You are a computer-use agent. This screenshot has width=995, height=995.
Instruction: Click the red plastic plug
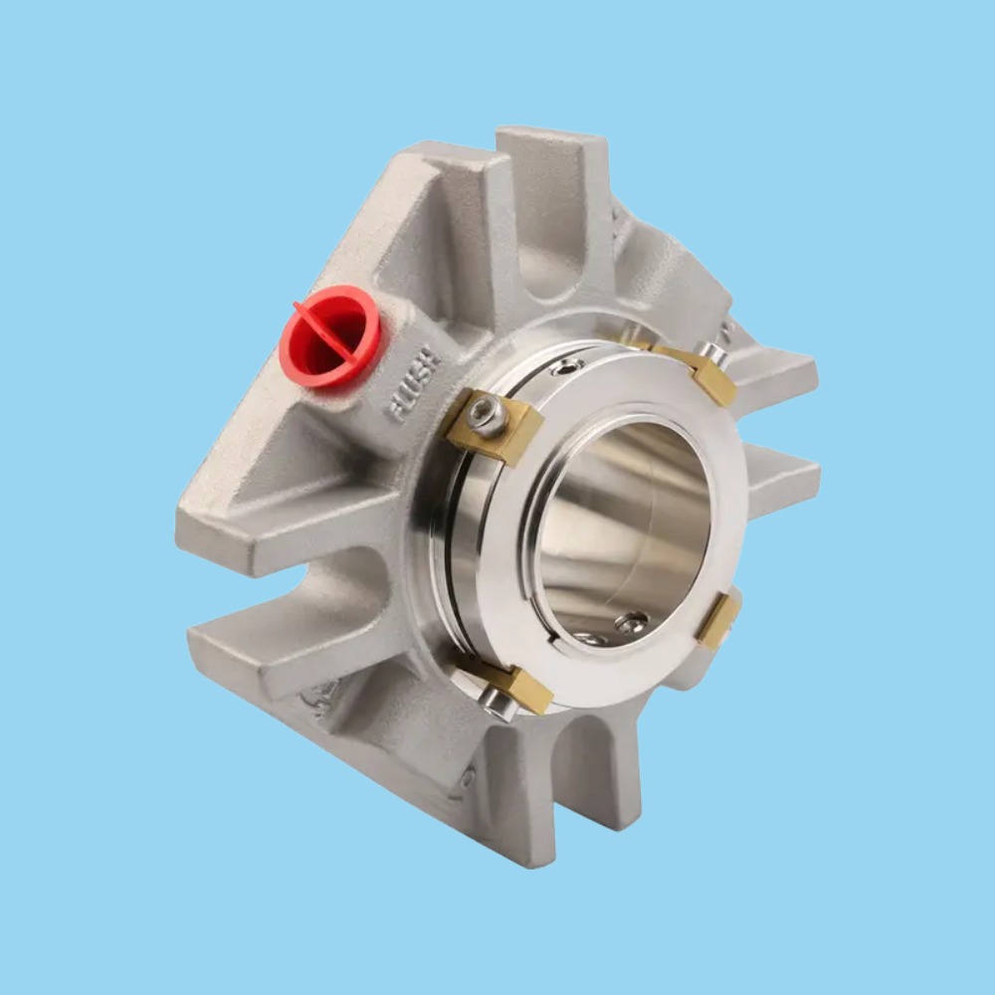pyautogui.click(x=329, y=336)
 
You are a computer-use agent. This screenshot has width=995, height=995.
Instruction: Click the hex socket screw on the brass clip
pyautogui.click(x=485, y=412)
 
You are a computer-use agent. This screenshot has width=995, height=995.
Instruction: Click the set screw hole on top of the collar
pyautogui.click(x=567, y=367)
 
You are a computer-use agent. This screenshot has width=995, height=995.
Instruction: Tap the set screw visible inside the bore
pyautogui.click(x=630, y=624)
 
